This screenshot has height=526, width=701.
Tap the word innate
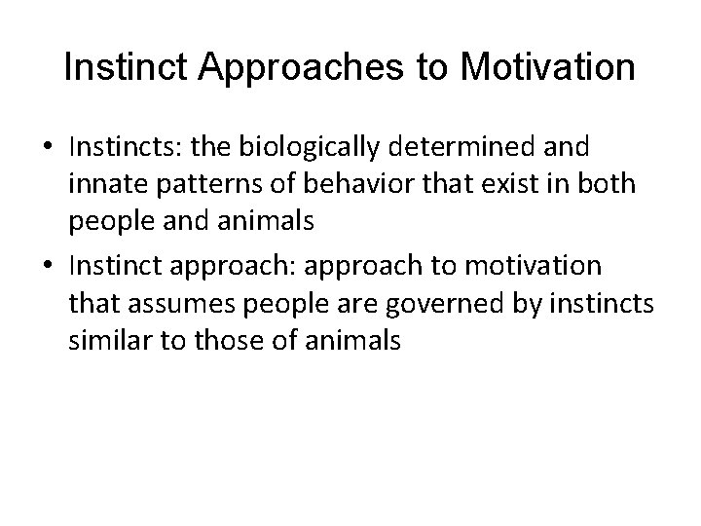[x=107, y=187]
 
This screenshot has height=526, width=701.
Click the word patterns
[x=200, y=187]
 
